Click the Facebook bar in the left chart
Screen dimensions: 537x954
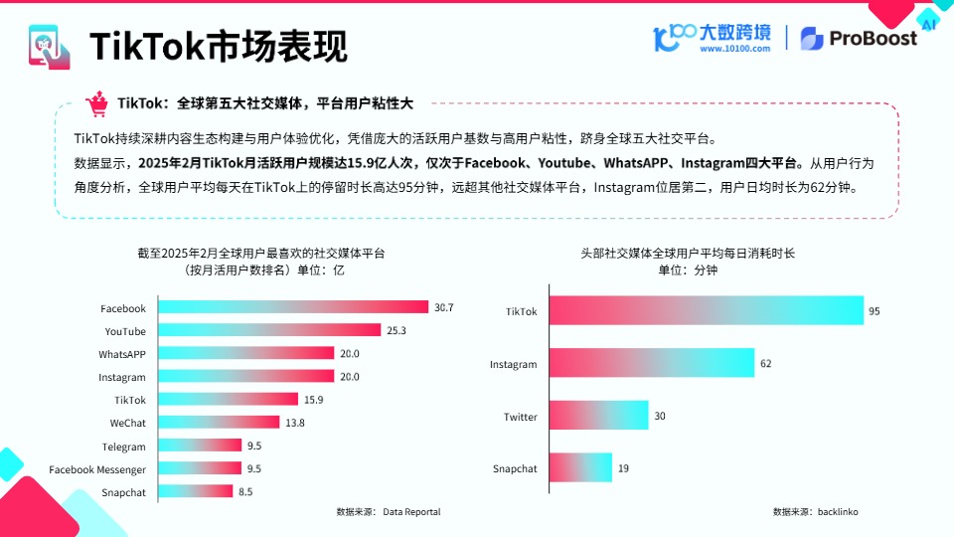point(293,308)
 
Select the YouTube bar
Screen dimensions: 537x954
point(269,330)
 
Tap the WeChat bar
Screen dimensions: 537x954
point(219,424)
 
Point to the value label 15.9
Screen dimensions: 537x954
point(312,400)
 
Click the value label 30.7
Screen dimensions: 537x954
point(443,308)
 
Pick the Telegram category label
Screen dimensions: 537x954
point(123,447)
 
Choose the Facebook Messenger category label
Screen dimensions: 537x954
point(97,469)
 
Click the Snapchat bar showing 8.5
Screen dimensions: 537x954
point(196,491)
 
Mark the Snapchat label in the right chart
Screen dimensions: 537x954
point(515,469)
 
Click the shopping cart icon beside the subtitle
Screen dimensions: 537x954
point(96,103)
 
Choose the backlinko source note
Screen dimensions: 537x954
point(815,511)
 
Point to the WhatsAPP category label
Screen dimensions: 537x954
point(122,354)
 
